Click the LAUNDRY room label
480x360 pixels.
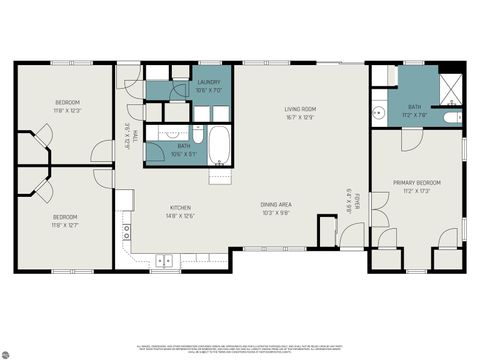click(x=209, y=82)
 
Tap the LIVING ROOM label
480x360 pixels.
click(x=300, y=108)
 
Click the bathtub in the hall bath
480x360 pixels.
click(x=221, y=147)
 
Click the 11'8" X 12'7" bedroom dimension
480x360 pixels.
click(x=67, y=225)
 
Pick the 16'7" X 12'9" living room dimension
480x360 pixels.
click(x=300, y=117)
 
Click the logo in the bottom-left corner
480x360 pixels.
click(x=7, y=351)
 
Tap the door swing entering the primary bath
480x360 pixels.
click(x=408, y=139)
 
